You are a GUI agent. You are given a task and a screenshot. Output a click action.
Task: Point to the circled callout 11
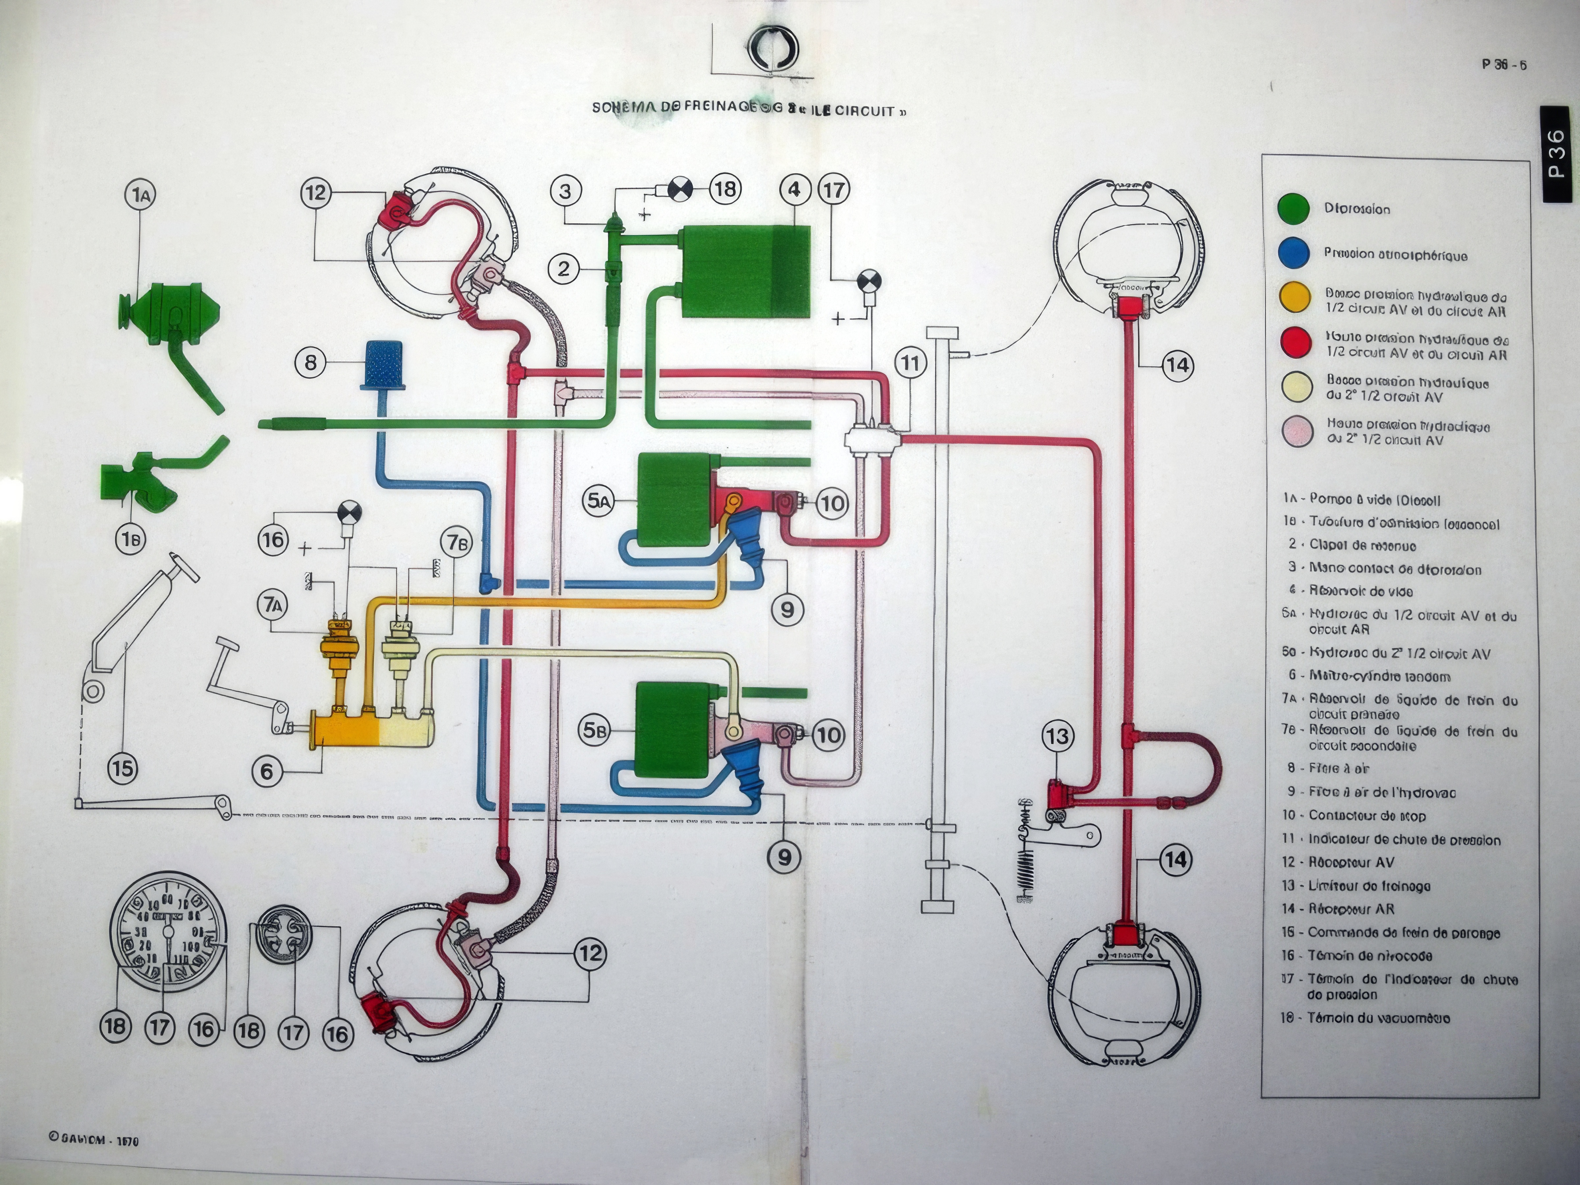pyautogui.click(x=909, y=363)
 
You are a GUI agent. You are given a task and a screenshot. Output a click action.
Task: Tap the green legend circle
pyautogui.click(x=1294, y=209)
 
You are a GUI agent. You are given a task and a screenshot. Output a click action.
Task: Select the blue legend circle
pyautogui.click(x=1294, y=253)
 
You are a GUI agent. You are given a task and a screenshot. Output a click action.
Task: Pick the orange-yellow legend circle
pyautogui.click(x=1294, y=298)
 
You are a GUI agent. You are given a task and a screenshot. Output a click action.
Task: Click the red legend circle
pyautogui.click(x=1294, y=342)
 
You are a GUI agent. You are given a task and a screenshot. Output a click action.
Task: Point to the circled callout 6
pyautogui.click(x=266, y=772)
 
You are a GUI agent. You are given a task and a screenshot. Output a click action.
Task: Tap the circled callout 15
pyautogui.click(x=123, y=768)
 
